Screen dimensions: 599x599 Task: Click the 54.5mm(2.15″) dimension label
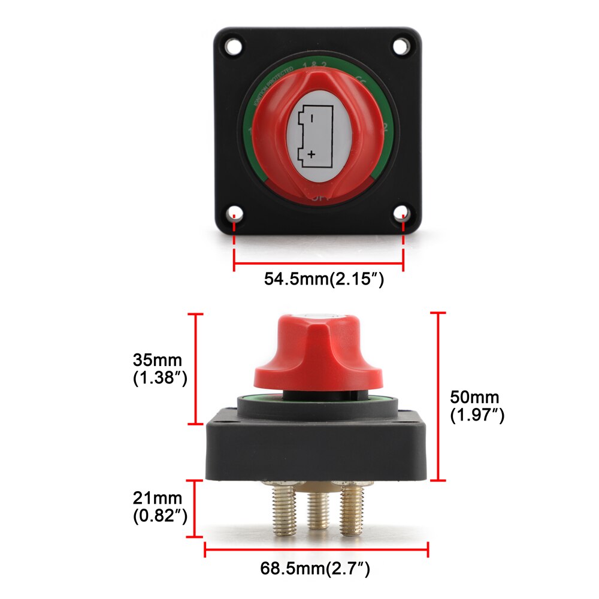[323, 280]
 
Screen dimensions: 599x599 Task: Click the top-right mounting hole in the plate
[400, 46]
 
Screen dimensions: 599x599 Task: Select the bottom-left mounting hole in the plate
[235, 213]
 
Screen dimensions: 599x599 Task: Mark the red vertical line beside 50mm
[438, 395]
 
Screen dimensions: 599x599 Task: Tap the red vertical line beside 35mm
[196, 368]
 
